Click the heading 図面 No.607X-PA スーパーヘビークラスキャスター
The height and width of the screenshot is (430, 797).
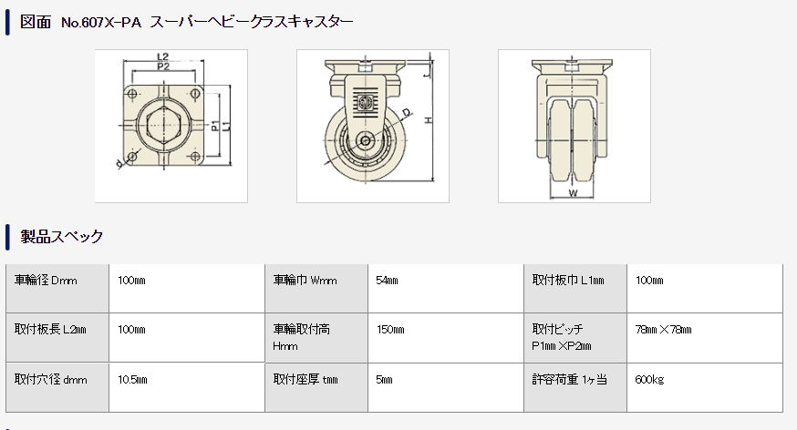click(x=186, y=23)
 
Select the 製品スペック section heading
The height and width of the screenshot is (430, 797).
click(x=61, y=237)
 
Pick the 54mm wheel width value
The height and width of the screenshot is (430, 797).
click(x=387, y=281)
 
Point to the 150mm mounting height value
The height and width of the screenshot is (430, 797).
click(x=390, y=330)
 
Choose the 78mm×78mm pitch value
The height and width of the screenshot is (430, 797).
click(x=663, y=330)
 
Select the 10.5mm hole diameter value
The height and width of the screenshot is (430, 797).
click(x=132, y=380)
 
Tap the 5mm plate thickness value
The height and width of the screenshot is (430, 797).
click(x=384, y=380)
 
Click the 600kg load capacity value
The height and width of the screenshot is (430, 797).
click(x=649, y=380)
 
